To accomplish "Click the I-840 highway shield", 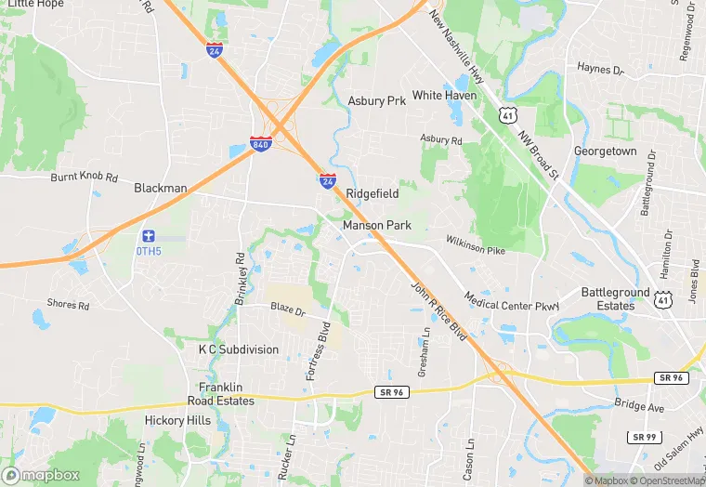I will coord(261,144).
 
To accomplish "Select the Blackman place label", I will coord(160,188).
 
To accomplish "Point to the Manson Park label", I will coord(376,225).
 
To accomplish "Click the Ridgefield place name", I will coord(373,193).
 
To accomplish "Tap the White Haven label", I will coord(445,96).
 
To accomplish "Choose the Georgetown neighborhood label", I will coord(605,151).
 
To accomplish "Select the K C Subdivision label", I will coord(238,349).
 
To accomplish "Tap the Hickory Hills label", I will coord(176,420).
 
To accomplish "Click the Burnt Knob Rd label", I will coord(85,176).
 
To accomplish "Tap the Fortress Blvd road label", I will coord(319,351).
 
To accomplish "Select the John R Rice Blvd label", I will coord(439,316).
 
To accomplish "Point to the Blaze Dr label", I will coord(287,308).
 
